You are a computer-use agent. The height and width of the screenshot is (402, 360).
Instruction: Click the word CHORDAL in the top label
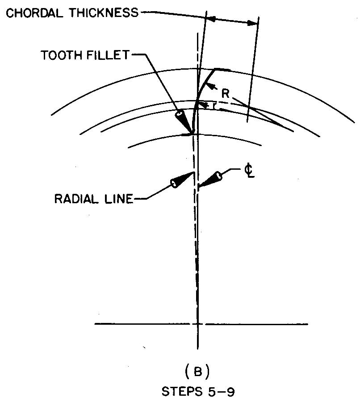pyautogui.click(x=34, y=13)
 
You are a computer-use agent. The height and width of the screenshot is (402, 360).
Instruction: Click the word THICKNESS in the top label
pyautogui.click(x=103, y=13)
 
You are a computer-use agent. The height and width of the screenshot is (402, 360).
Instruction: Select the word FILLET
pyautogui.click(x=107, y=55)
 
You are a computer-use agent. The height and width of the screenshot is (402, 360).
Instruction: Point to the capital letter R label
pyautogui.click(x=225, y=94)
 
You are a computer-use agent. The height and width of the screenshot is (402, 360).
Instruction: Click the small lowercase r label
pyautogui.click(x=214, y=106)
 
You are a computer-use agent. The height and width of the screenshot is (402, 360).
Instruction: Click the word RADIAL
pyautogui.click(x=76, y=199)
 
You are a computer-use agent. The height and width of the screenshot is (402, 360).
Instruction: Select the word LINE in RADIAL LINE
pyautogui.click(x=119, y=199)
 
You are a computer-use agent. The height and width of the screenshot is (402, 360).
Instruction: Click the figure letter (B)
pyautogui.click(x=197, y=372)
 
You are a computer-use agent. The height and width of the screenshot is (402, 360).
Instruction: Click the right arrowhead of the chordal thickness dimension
pyautogui.click(x=252, y=24)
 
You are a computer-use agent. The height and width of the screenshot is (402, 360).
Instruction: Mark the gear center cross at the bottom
pyautogui.click(x=197, y=324)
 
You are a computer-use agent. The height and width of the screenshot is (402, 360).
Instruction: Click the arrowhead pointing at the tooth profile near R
pyautogui.click(x=210, y=87)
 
